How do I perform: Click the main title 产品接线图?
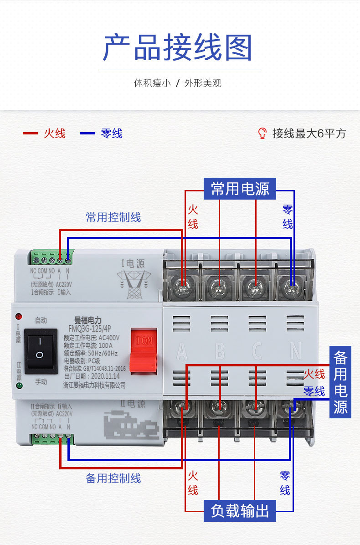(178, 47)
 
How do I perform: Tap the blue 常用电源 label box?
(240, 189)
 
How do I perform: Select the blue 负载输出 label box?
(240, 511)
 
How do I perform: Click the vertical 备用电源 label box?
(340, 382)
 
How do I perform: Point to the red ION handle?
(144, 350)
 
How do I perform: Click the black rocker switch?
(40, 351)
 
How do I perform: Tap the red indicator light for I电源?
(19, 316)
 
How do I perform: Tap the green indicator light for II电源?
(19, 386)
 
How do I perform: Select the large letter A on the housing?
(182, 351)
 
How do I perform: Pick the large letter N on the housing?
(295, 351)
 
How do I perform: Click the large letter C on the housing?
(257, 351)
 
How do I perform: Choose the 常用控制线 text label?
(113, 217)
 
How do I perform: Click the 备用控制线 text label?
(113, 478)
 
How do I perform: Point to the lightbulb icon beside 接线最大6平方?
(262, 133)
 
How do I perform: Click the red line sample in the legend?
(31, 134)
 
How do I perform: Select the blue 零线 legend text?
(112, 134)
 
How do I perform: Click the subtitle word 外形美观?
(203, 83)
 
